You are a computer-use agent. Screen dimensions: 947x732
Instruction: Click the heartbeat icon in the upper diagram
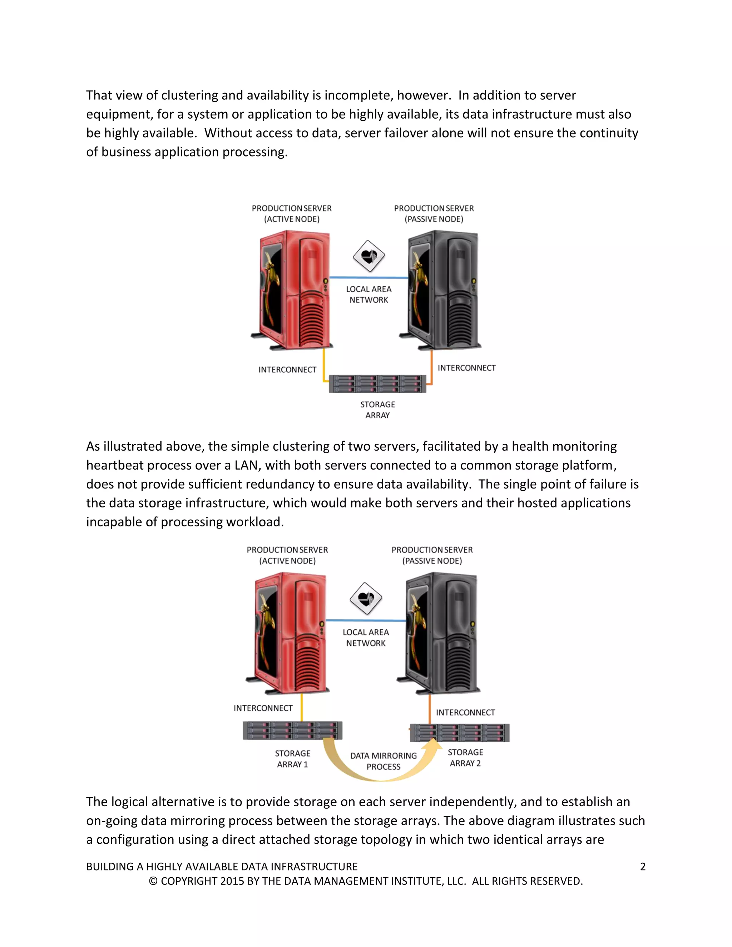[x=369, y=256]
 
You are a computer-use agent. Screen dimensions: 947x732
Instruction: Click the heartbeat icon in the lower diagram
[x=366, y=598]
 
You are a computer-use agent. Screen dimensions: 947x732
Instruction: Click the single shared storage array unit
[x=377, y=384]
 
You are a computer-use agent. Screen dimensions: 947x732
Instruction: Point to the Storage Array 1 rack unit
[x=292, y=730]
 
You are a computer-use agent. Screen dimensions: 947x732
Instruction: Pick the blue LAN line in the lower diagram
[x=366, y=620]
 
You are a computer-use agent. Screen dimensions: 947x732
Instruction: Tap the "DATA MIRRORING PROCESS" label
[x=384, y=761]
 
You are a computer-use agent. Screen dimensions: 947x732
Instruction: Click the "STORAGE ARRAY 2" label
[x=465, y=758]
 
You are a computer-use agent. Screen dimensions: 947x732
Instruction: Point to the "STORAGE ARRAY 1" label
[x=293, y=759]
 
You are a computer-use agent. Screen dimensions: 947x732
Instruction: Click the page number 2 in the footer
[x=643, y=866]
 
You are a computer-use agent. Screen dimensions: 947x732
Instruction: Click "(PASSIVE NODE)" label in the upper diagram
[x=434, y=219]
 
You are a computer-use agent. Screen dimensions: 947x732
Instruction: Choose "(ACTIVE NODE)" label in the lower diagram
[x=287, y=561]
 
